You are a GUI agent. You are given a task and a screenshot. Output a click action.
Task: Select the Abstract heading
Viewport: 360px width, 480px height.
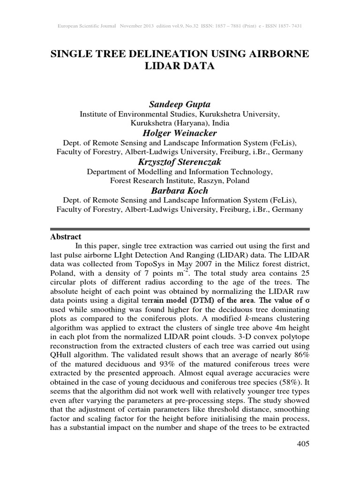tap(66, 237)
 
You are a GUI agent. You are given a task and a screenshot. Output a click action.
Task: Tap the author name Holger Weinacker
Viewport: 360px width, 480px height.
tap(180, 133)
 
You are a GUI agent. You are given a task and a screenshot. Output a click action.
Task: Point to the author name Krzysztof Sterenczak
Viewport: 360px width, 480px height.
tap(180, 162)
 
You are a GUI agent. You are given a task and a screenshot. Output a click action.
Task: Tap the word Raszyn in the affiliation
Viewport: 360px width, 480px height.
tap(207, 180)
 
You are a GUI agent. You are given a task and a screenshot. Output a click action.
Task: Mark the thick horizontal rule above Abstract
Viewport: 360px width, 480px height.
tap(180, 229)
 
